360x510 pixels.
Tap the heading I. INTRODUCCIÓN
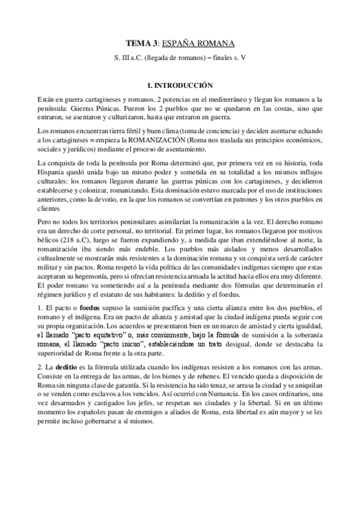pos(180,86)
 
